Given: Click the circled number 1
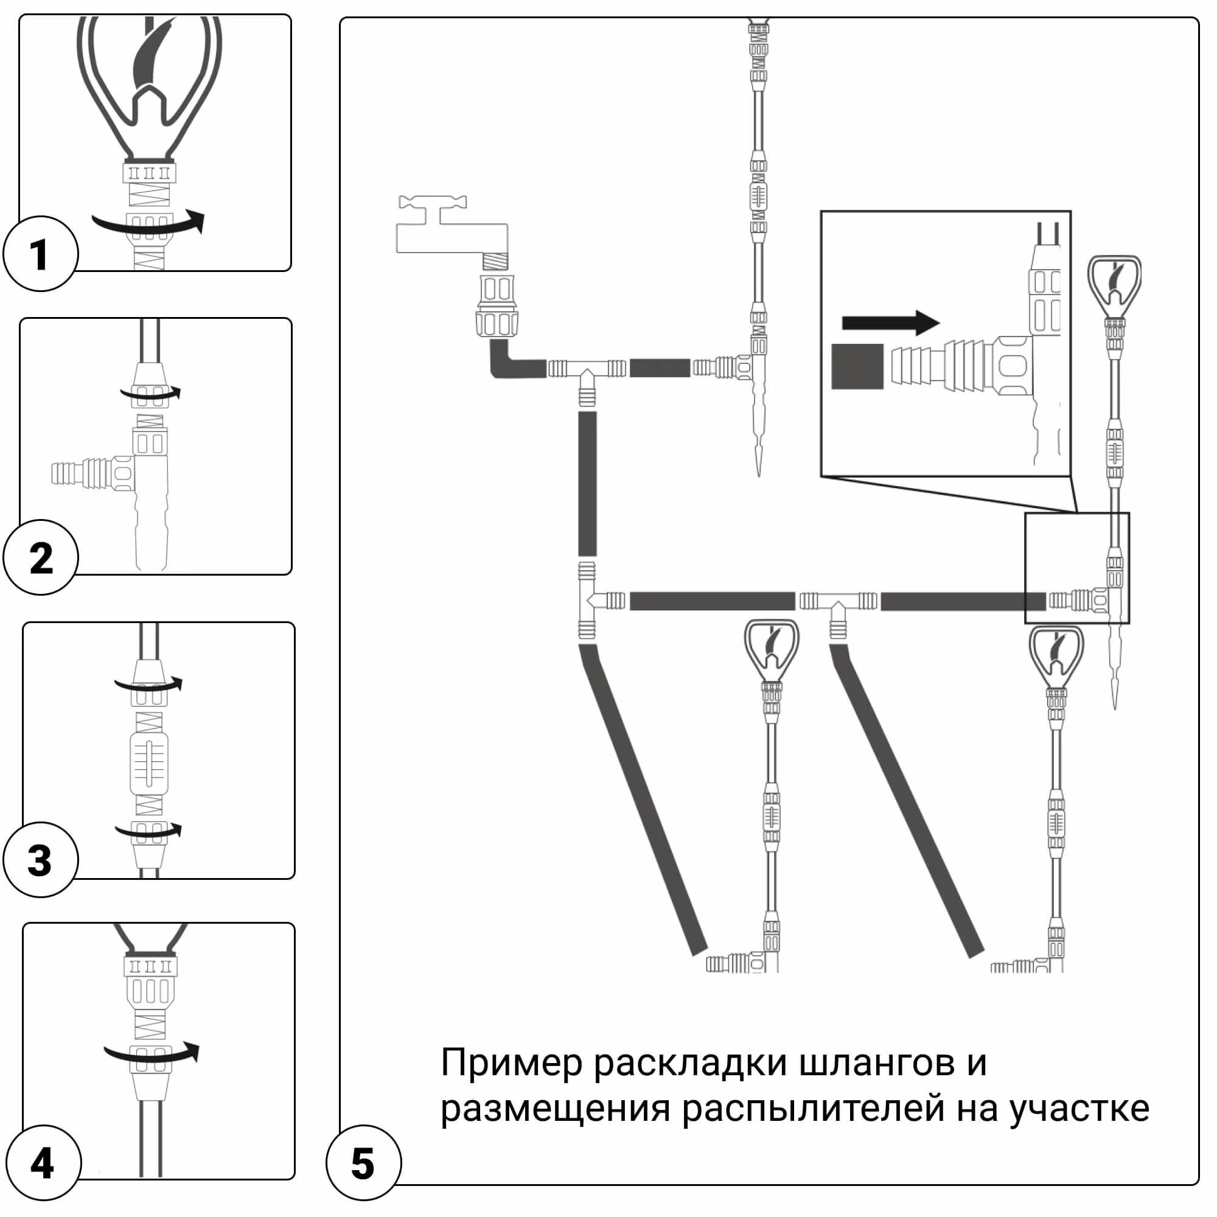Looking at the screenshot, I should point(40,254).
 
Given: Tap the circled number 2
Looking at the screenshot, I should point(41,557).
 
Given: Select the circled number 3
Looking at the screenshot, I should point(40,860).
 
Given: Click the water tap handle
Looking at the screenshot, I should point(433,203).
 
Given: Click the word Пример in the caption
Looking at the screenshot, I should point(511,1064).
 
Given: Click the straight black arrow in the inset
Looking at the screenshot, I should point(890,323).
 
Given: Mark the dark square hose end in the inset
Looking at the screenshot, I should point(857,366).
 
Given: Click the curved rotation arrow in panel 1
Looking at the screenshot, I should point(148,222).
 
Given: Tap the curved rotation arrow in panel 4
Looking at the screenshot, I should point(152,1054).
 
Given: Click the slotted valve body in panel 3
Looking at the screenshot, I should point(149,763).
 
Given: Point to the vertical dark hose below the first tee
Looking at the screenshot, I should point(587,484).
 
